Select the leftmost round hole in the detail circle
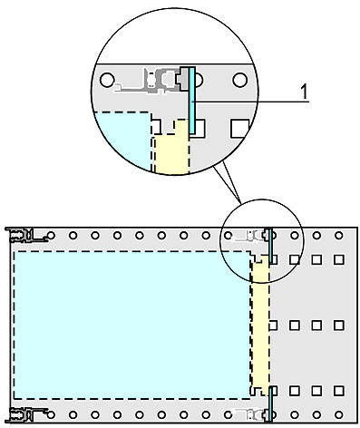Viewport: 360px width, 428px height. pyautogui.click(x=108, y=80)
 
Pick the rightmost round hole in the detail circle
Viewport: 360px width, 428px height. pyautogui.click(x=239, y=80)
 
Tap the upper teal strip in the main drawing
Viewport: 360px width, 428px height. pyautogui.click(x=269, y=246)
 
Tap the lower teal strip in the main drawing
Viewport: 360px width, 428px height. pyautogui.click(x=269, y=403)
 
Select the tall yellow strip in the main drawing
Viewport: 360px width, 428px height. pyautogui.click(x=261, y=326)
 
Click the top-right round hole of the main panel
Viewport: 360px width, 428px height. pyautogui.click(x=338, y=238)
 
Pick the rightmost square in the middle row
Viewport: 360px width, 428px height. pyautogui.click(x=338, y=324)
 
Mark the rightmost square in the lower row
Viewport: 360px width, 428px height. pyautogui.click(x=338, y=391)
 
